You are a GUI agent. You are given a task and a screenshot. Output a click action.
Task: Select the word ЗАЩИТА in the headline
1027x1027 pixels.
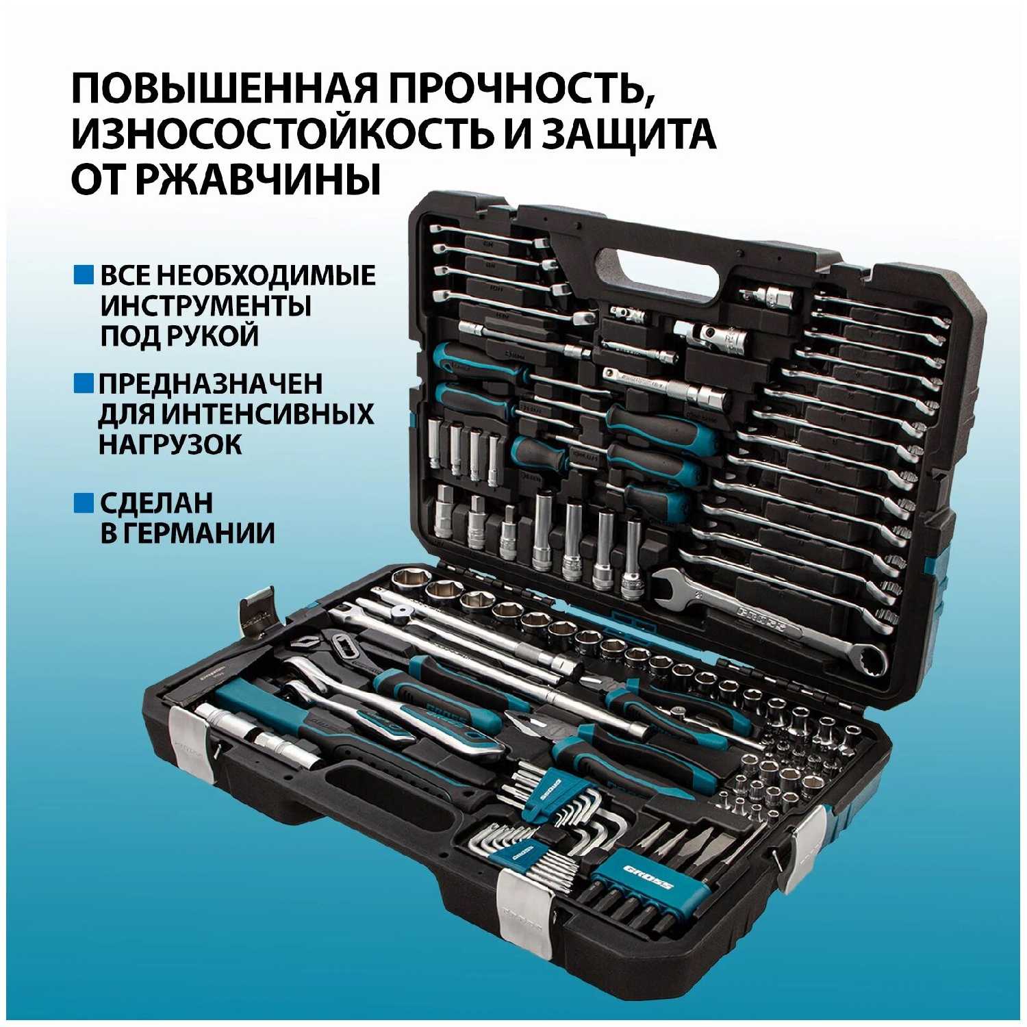[x=628, y=134]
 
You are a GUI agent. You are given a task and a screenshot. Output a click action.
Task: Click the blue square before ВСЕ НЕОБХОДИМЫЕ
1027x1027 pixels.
[x=84, y=275]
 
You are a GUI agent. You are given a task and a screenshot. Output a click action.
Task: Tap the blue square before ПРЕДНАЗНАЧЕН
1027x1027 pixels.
[x=84, y=383]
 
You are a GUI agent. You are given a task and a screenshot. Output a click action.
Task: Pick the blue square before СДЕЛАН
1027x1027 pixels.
[x=84, y=503]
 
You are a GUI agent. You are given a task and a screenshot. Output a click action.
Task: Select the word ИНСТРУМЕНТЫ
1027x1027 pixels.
[x=205, y=305]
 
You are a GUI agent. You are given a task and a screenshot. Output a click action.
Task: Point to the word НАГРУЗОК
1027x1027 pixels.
[x=170, y=444]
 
